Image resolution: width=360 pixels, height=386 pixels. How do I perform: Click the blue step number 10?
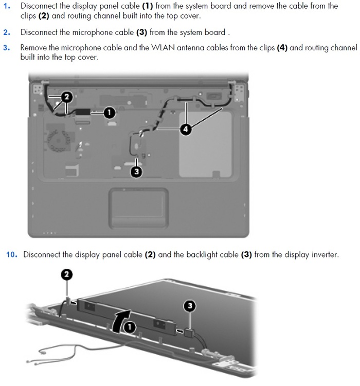click(x=12, y=254)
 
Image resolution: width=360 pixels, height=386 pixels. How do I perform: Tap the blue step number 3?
click(x=7, y=47)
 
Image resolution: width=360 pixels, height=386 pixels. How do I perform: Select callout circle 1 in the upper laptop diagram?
click(x=109, y=113)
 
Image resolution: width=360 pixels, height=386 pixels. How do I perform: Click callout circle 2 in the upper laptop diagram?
click(x=66, y=97)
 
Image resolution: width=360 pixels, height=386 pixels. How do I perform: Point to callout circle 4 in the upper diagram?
click(x=186, y=129)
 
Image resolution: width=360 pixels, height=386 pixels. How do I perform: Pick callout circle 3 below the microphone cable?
click(x=136, y=171)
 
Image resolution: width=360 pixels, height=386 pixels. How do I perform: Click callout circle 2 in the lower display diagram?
click(x=67, y=274)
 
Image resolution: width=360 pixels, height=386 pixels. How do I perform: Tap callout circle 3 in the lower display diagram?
click(x=190, y=306)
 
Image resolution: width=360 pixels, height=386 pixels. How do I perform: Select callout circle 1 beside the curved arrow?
click(x=130, y=327)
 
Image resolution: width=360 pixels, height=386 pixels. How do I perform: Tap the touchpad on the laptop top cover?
click(x=139, y=208)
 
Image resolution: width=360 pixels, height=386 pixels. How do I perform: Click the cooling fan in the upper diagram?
click(x=58, y=140)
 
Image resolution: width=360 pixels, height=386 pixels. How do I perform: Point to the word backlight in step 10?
click(x=202, y=254)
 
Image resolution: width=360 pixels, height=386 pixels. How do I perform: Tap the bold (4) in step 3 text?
click(x=282, y=47)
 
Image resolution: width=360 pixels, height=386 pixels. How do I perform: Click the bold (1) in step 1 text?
click(x=148, y=6)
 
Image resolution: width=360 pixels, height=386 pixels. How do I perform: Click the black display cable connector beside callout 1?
click(x=83, y=112)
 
